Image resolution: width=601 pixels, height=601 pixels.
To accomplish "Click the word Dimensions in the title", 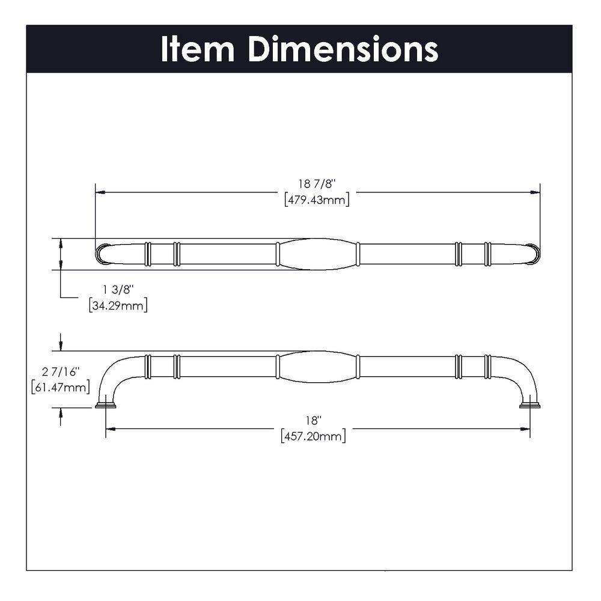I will [343, 49].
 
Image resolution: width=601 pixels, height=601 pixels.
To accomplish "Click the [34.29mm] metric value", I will [118, 305].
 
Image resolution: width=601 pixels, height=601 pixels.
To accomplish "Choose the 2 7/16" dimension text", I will [61, 373].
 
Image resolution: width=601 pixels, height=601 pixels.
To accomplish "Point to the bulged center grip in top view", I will [317, 254].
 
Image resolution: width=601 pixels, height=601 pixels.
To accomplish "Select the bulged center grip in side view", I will [317, 366].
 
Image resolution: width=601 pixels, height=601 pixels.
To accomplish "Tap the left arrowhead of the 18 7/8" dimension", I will [100, 193].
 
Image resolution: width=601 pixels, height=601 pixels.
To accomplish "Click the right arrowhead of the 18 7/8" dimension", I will [535, 193].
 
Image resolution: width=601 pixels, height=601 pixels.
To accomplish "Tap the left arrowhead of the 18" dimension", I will [109, 429].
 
